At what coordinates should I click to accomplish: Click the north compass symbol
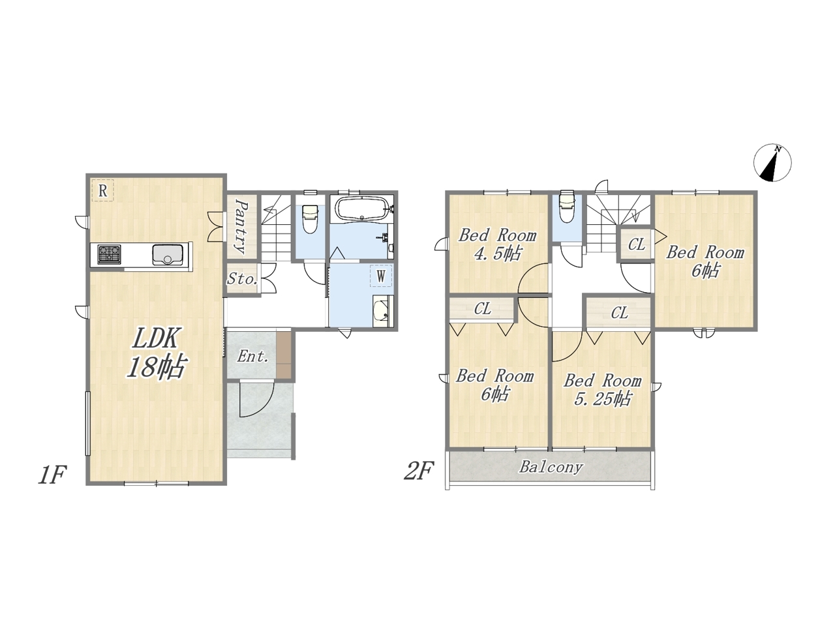coord(772,162)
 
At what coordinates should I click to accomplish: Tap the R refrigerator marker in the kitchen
coord(102,190)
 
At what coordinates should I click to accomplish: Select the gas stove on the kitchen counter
coord(109,254)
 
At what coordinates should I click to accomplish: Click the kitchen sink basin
coord(168,254)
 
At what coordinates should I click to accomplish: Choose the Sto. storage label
coord(242,279)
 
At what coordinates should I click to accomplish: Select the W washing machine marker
coord(381,276)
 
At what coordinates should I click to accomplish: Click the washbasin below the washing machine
coord(381,310)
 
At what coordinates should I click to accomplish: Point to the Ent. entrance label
coord(252,356)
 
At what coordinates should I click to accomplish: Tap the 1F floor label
coord(52,475)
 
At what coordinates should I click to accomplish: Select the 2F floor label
coord(419,471)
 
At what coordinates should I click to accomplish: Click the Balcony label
coord(551,467)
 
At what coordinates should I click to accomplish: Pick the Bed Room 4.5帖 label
coord(497,244)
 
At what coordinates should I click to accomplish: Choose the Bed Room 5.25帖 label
coord(603,389)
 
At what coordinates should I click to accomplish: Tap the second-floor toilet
coord(566,211)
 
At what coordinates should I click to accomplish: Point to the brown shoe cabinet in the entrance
coord(283,355)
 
